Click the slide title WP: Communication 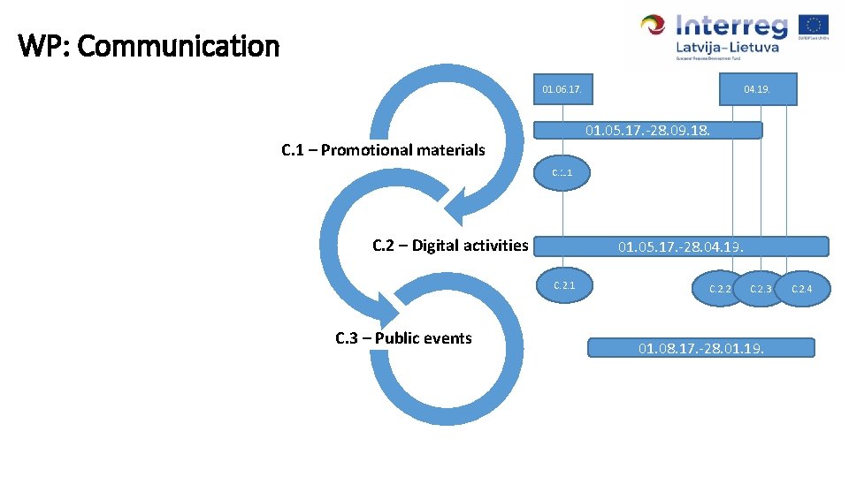point(149,46)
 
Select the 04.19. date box point(756,89)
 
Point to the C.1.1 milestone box point(562,173)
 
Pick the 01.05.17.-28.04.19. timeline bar point(682,246)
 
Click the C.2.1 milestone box point(564,285)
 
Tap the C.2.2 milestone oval point(718,289)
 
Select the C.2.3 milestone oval point(761,289)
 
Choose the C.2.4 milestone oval point(801,289)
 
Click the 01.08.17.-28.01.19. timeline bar point(701,348)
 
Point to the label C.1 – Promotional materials point(383,150)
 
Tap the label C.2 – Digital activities point(450,246)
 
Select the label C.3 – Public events point(403,338)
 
